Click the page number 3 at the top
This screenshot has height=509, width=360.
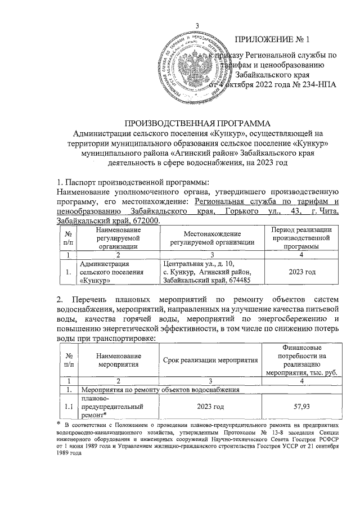click(197, 25)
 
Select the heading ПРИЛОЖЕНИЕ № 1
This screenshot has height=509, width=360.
click(272, 39)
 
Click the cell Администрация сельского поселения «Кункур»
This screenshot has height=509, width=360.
click(105, 272)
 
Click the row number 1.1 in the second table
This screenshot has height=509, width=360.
click(67, 406)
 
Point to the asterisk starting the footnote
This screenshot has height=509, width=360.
click(58, 423)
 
